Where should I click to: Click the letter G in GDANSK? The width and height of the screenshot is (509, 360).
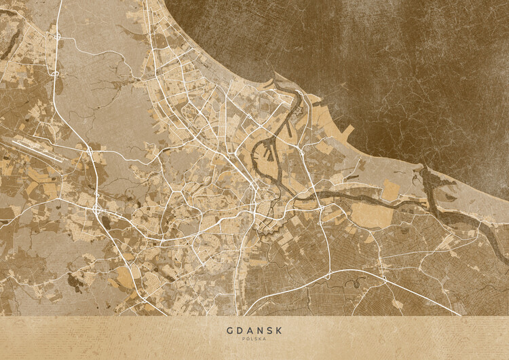click(229, 331)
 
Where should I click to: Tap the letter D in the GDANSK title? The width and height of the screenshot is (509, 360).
click(240, 331)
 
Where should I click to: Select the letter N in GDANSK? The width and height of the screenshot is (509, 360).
click(259, 331)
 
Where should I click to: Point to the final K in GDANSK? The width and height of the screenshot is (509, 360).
click(278, 331)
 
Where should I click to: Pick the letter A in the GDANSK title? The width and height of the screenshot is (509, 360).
click(249, 331)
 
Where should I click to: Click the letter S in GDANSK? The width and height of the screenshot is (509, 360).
click(269, 331)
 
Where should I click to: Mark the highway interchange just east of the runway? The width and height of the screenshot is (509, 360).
click(88, 148)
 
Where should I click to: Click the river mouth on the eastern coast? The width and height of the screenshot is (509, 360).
click(428, 178)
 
